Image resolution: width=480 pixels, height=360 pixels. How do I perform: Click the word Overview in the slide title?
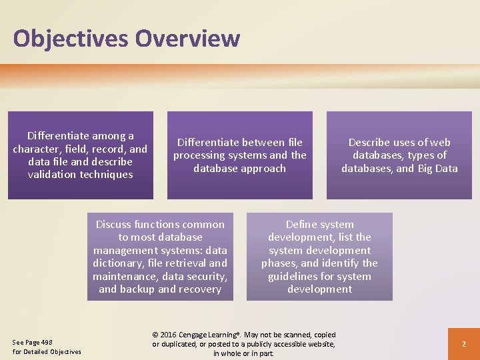(187, 39)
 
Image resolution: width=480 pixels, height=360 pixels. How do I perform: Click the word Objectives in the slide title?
(71, 39)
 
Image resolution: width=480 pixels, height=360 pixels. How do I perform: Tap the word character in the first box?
(40, 149)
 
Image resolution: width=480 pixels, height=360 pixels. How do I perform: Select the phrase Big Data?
(437, 168)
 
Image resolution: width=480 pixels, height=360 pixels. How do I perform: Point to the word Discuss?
(115, 224)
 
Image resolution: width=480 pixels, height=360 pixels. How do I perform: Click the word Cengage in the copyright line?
(197, 335)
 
